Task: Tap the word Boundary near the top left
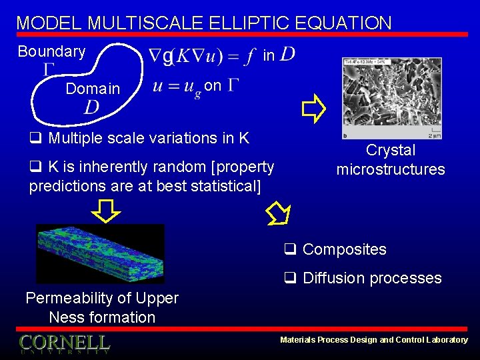pyautogui.click(x=51, y=51)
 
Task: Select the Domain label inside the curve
pyautogui.click(x=93, y=89)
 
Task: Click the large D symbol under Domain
pyautogui.click(x=91, y=107)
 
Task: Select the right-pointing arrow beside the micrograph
pyautogui.click(x=311, y=108)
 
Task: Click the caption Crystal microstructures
pyautogui.click(x=390, y=160)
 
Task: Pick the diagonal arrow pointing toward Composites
pyautogui.click(x=277, y=213)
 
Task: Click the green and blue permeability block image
pyautogui.click(x=99, y=254)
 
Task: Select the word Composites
pyautogui.click(x=344, y=249)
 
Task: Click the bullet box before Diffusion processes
pyautogui.click(x=290, y=279)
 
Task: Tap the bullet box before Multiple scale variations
pyautogui.click(x=35, y=139)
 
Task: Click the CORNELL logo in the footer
pyautogui.click(x=65, y=343)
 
